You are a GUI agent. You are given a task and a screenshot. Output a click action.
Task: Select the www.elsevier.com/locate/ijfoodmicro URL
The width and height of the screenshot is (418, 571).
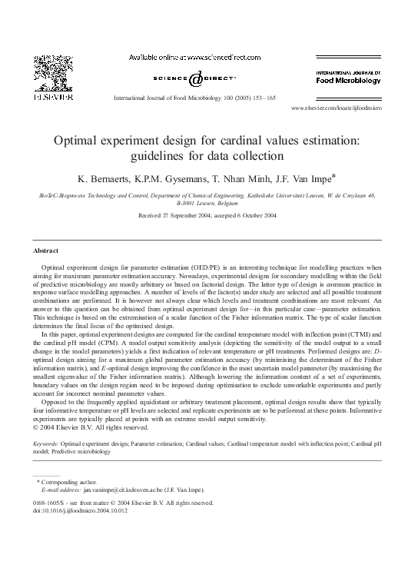pyautogui.click(x=337, y=109)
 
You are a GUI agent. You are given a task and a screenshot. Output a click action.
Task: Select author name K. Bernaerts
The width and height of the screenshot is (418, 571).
pyautogui.click(x=114, y=179)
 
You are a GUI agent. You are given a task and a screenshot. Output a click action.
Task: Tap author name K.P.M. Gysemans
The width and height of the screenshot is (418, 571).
pyautogui.click(x=184, y=179)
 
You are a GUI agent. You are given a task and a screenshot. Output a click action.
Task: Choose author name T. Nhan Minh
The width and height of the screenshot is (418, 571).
pyautogui.click(x=253, y=179)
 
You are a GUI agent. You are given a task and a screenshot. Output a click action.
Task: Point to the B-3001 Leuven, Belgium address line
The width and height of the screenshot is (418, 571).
pyautogui.click(x=207, y=204)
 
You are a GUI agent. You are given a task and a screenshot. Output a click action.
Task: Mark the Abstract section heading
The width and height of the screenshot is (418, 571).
pyautogui.click(x=48, y=251)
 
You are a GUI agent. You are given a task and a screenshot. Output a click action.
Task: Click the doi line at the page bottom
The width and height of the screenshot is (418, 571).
pyautogui.click(x=81, y=510)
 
